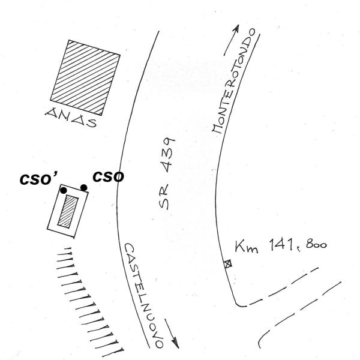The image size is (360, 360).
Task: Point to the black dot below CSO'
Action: pos(64,190)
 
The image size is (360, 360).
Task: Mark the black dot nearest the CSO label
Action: pos(84,188)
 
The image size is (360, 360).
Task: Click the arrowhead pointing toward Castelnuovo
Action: pos(175,343)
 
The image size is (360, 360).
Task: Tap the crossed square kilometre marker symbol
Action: pos(228,263)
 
